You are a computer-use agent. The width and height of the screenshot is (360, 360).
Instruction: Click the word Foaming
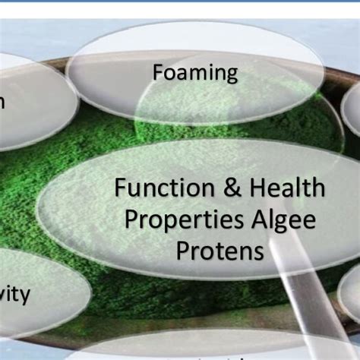click(x=195, y=73)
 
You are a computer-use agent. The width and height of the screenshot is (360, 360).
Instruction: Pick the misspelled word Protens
click(x=220, y=251)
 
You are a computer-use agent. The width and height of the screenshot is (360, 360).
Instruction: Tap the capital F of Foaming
click(x=158, y=73)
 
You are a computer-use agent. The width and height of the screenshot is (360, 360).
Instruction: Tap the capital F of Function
click(x=120, y=188)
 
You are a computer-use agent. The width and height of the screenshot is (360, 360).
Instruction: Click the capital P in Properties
click(x=131, y=219)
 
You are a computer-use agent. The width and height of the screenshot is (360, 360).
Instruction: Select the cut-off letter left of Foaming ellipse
click(x=2, y=103)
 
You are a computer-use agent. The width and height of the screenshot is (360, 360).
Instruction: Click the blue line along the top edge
click(x=180, y=2)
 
